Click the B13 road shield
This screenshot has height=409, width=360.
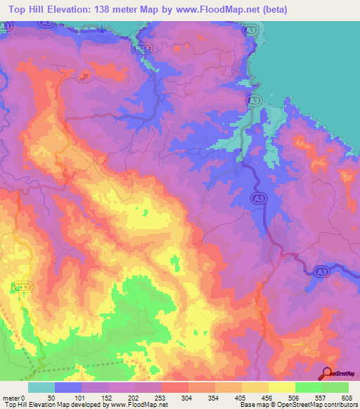(x=143, y=48)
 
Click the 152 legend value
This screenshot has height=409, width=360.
(x=108, y=397)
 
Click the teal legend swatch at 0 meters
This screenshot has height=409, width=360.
(x=41, y=387)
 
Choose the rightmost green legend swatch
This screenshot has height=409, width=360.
(x=335, y=387)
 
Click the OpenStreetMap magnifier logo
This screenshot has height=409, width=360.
(x=328, y=373)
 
